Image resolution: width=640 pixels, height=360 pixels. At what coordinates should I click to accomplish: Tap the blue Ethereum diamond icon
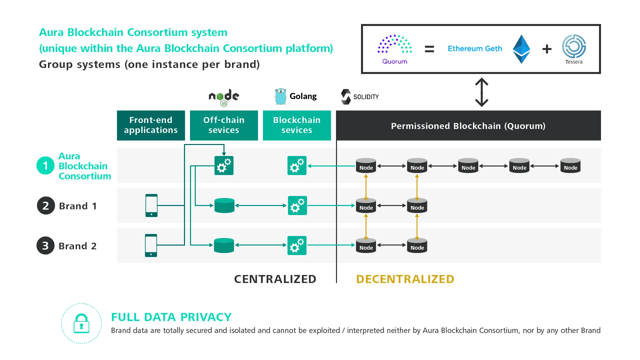click(521, 49)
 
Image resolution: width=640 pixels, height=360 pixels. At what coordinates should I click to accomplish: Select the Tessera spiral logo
click(574, 46)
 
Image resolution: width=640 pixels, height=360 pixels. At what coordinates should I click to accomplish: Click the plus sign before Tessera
click(547, 49)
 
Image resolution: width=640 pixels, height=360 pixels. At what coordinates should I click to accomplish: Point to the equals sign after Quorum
click(429, 49)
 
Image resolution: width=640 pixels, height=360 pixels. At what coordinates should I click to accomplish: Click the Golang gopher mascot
click(281, 96)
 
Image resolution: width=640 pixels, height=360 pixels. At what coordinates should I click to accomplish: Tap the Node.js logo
click(224, 97)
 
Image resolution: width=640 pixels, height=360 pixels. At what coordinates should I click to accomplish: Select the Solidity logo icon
click(346, 97)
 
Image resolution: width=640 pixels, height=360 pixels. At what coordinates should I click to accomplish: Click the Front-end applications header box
click(151, 125)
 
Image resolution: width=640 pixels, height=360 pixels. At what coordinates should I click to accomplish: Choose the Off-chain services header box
click(224, 125)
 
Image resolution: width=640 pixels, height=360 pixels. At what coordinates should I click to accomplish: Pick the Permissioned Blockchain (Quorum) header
click(468, 126)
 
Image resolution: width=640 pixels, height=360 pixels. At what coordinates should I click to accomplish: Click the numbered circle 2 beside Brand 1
click(46, 206)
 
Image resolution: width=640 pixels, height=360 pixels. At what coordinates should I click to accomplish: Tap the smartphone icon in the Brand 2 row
click(151, 245)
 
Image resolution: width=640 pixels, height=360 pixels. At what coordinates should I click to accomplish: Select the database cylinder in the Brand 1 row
click(224, 205)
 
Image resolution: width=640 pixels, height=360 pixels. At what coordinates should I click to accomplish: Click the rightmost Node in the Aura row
click(570, 166)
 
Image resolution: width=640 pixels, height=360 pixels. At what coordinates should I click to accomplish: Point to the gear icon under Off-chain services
click(224, 165)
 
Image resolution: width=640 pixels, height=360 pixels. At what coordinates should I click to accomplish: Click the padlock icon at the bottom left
click(81, 323)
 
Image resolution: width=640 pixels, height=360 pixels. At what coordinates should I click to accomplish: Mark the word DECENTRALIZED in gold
click(405, 279)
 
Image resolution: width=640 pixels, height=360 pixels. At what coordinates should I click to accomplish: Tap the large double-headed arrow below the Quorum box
click(482, 92)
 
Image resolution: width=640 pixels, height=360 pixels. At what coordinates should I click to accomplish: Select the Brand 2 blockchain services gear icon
click(297, 245)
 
